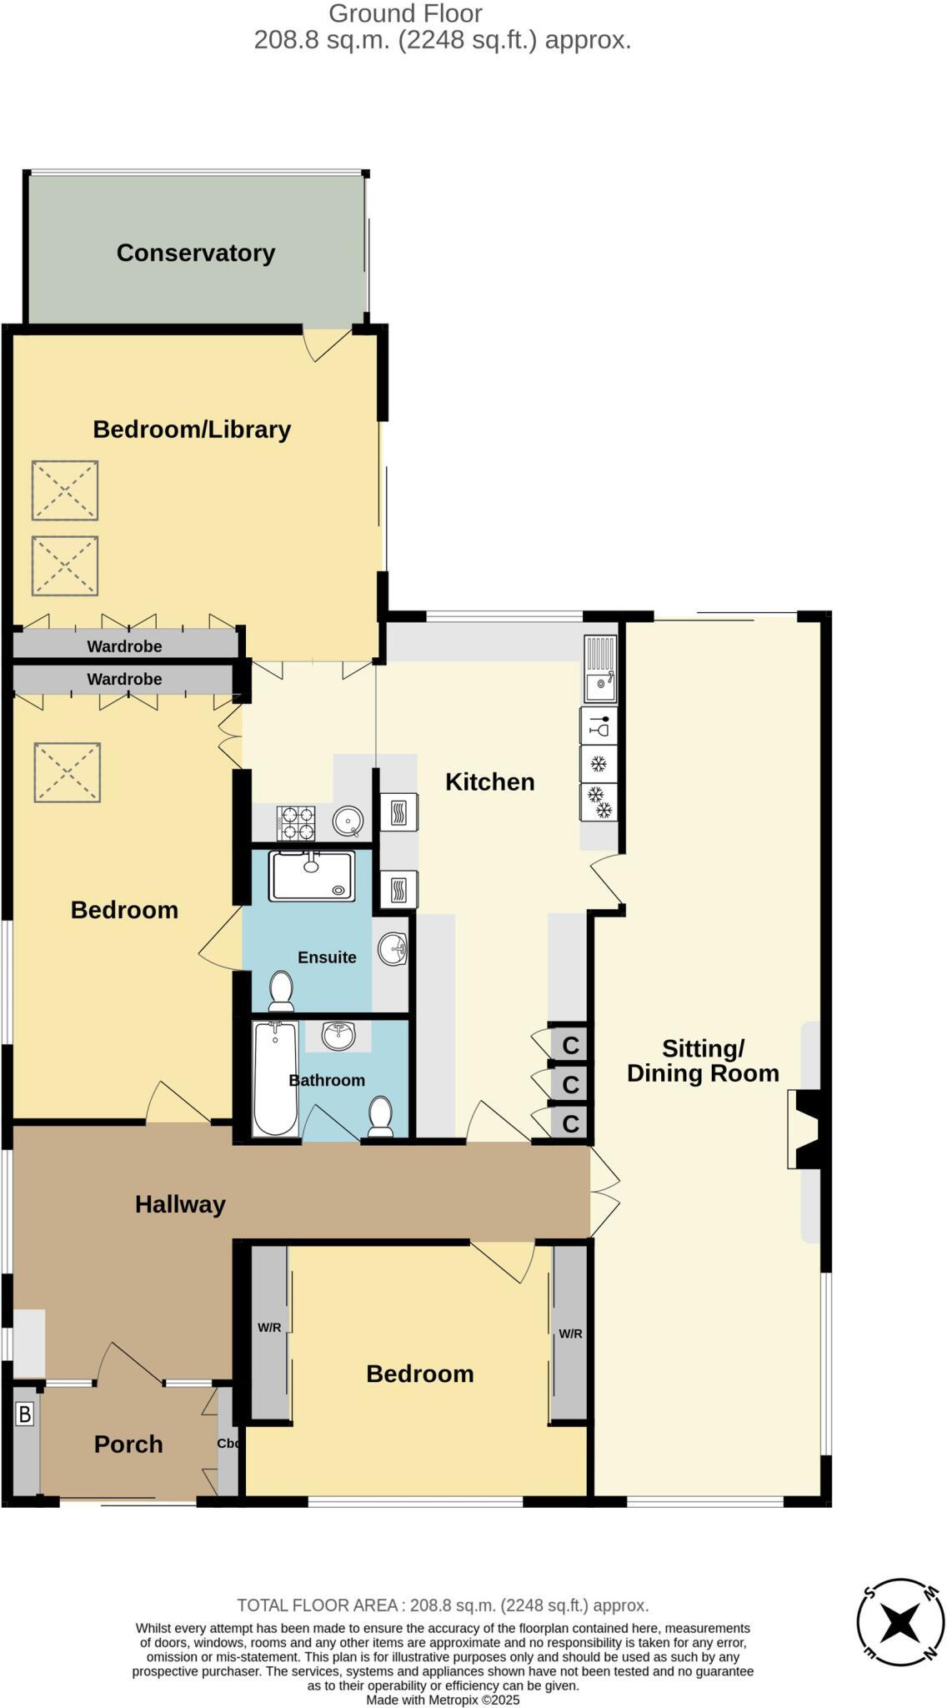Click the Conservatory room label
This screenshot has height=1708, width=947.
(x=196, y=254)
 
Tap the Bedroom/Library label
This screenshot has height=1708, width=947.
(x=192, y=430)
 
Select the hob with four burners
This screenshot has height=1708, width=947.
(x=296, y=823)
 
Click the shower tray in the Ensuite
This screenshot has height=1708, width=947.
(x=312, y=876)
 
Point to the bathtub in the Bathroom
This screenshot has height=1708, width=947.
(x=275, y=1078)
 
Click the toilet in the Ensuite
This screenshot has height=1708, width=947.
(x=282, y=991)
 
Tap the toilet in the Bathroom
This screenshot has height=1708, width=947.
(x=381, y=1117)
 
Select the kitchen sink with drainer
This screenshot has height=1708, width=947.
(x=599, y=669)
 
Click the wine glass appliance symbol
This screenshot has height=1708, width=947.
(x=599, y=726)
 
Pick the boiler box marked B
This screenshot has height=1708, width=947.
(x=25, y=1414)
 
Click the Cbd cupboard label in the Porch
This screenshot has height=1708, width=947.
(x=228, y=1444)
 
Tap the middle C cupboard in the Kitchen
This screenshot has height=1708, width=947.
(x=570, y=1085)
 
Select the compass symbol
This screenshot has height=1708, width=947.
(x=899, y=1623)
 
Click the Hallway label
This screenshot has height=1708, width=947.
(x=180, y=1204)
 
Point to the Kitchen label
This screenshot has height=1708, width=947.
(x=489, y=782)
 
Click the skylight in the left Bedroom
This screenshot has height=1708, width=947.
(x=68, y=773)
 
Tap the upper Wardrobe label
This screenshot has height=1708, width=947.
(x=125, y=646)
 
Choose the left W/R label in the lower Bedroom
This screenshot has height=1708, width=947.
(x=269, y=1328)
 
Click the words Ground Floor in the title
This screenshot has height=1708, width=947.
(x=405, y=13)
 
